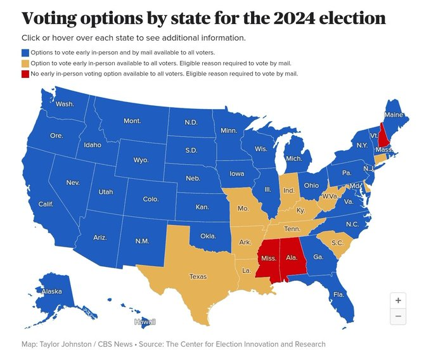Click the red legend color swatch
[x=25, y=74]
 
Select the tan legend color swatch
[x=25, y=63]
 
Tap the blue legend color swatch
[x=25, y=53]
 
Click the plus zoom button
[x=398, y=300]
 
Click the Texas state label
[x=198, y=276]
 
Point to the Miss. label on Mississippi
[x=269, y=258]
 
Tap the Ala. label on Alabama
[x=292, y=257]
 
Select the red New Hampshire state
[x=382, y=136]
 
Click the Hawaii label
[x=145, y=322]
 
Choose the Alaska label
[x=52, y=292]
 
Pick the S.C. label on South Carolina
[x=337, y=243]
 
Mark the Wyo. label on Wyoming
[x=141, y=160]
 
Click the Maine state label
[x=394, y=115]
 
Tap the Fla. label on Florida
[x=338, y=295]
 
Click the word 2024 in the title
[x=294, y=18]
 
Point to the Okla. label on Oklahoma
[x=208, y=236]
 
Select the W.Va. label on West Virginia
[x=330, y=196]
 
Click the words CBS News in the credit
[x=115, y=344]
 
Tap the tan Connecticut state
[x=380, y=158]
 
